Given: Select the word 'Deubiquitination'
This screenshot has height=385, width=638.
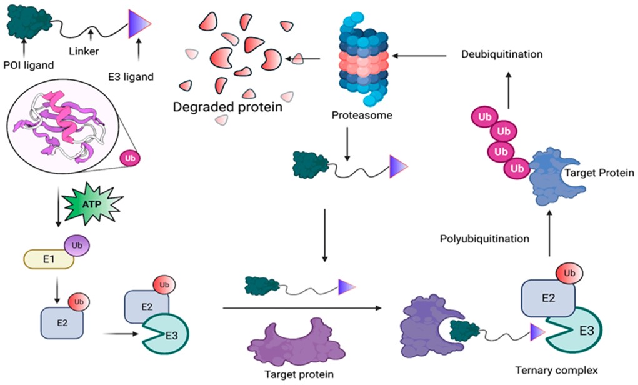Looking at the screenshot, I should [x=502, y=54].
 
